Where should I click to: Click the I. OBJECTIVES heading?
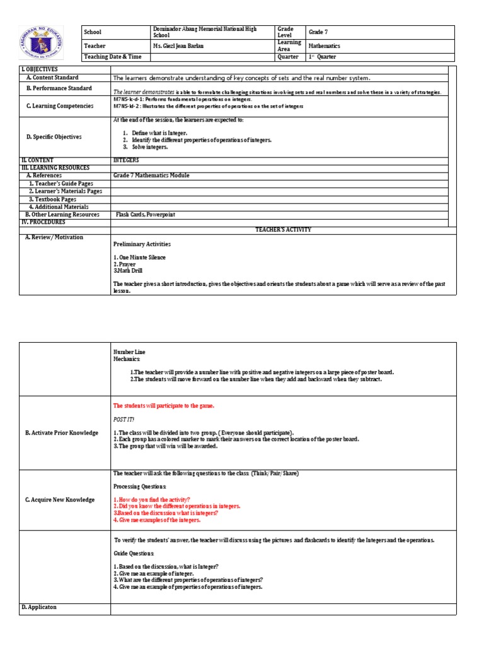tap(39, 69)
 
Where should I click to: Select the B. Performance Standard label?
tap(59, 89)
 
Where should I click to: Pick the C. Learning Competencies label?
tap(60, 106)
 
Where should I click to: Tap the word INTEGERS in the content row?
tap(126, 161)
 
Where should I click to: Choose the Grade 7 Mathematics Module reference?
tap(151, 176)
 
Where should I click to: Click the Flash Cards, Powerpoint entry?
tap(146, 215)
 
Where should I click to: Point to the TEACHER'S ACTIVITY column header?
tap(282, 230)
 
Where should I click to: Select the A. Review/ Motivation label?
tap(54, 237)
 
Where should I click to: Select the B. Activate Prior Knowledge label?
tap(62, 433)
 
